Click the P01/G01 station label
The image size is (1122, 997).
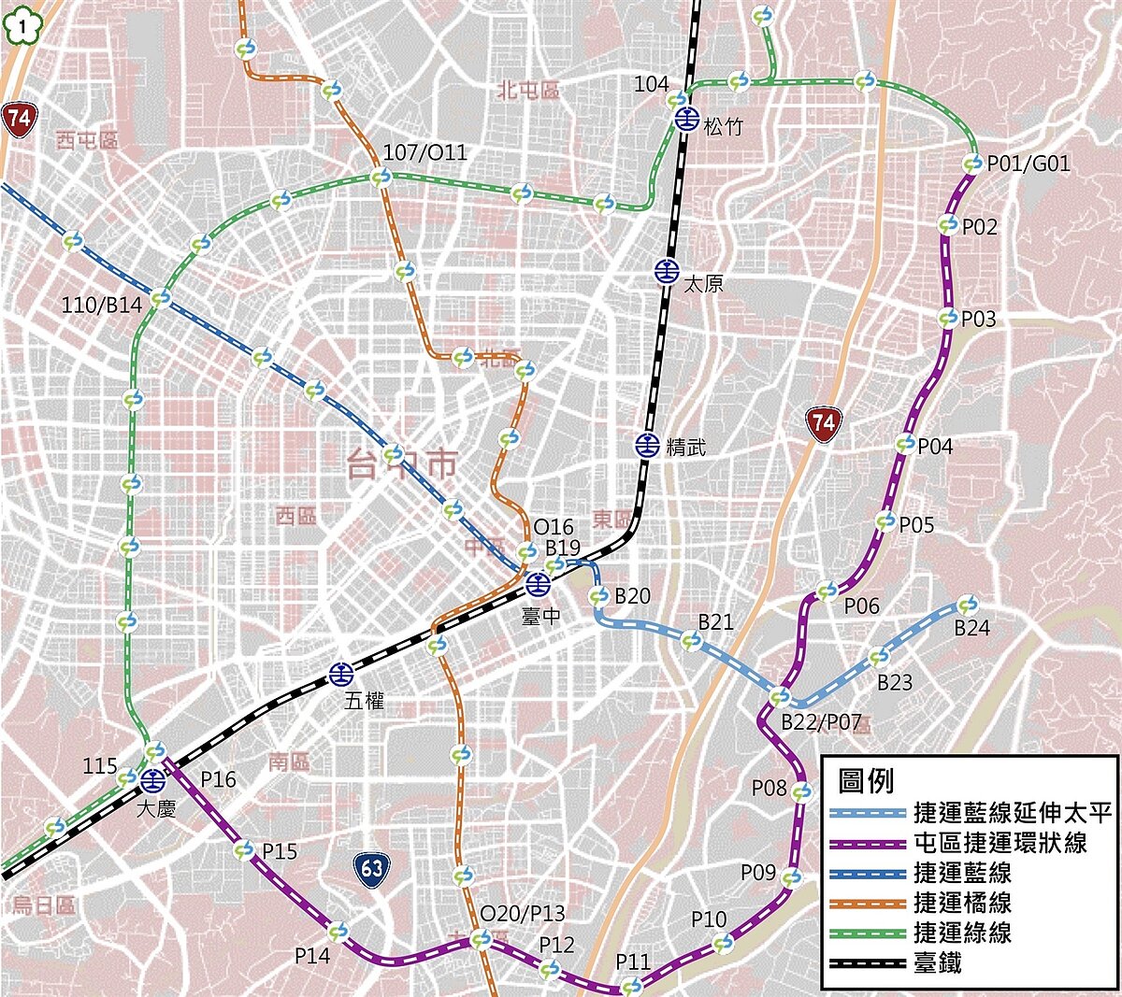pos(1028,164)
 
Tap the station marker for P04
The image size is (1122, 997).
pos(905,444)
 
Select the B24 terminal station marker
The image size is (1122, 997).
pos(968,605)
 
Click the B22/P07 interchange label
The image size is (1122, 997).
pos(820,721)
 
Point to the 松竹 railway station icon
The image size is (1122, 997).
pos(688,119)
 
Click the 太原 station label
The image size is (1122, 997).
pos(703,283)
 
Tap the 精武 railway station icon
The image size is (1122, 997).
pos(647,446)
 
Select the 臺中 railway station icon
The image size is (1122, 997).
pos(537,585)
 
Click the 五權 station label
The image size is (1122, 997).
pos(364,700)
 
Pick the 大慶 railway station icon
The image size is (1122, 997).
pos(153,779)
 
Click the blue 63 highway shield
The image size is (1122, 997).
pos(372,869)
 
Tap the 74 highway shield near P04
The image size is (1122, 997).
pos(823,423)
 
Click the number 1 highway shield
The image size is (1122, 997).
pos(18,27)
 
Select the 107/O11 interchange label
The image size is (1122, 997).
pos(424,152)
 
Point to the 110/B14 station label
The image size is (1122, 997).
pos(102,305)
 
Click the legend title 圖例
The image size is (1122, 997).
pos(866,781)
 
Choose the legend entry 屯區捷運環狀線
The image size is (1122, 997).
pos(1000,843)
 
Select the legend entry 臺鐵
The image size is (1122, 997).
pos(937,962)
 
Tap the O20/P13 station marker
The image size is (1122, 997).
pos(481,939)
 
